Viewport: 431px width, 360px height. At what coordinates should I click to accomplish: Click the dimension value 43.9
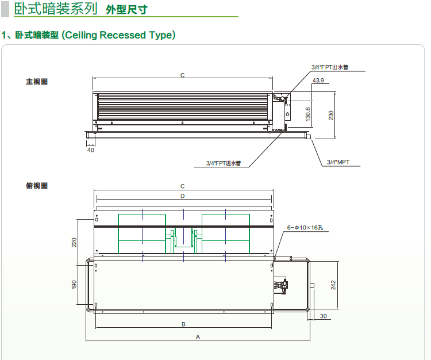click(x=318, y=80)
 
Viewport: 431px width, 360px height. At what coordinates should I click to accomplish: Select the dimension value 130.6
click(x=308, y=114)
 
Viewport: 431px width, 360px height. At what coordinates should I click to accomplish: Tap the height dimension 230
click(x=331, y=115)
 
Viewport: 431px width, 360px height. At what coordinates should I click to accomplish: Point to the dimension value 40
click(x=90, y=150)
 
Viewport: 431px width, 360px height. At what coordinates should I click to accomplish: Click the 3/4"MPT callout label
click(x=338, y=162)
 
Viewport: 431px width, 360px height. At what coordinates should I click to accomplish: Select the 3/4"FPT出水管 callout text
click(x=330, y=67)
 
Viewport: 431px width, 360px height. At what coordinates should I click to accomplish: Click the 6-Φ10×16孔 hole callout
click(x=305, y=228)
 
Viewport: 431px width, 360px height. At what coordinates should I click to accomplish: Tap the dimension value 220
click(x=74, y=242)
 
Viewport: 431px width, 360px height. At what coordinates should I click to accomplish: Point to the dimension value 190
click(x=74, y=285)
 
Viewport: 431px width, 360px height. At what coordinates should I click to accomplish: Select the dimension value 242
click(x=333, y=285)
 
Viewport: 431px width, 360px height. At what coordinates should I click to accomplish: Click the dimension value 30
click(x=324, y=317)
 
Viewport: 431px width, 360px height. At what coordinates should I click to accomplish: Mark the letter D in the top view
click(x=182, y=196)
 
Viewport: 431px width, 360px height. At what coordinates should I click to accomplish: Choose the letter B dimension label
click(x=183, y=324)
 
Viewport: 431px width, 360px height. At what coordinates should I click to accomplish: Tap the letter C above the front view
click(x=182, y=75)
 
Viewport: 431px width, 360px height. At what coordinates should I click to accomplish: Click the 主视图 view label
click(x=37, y=82)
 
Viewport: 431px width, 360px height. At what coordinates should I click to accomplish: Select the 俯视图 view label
click(x=37, y=186)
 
